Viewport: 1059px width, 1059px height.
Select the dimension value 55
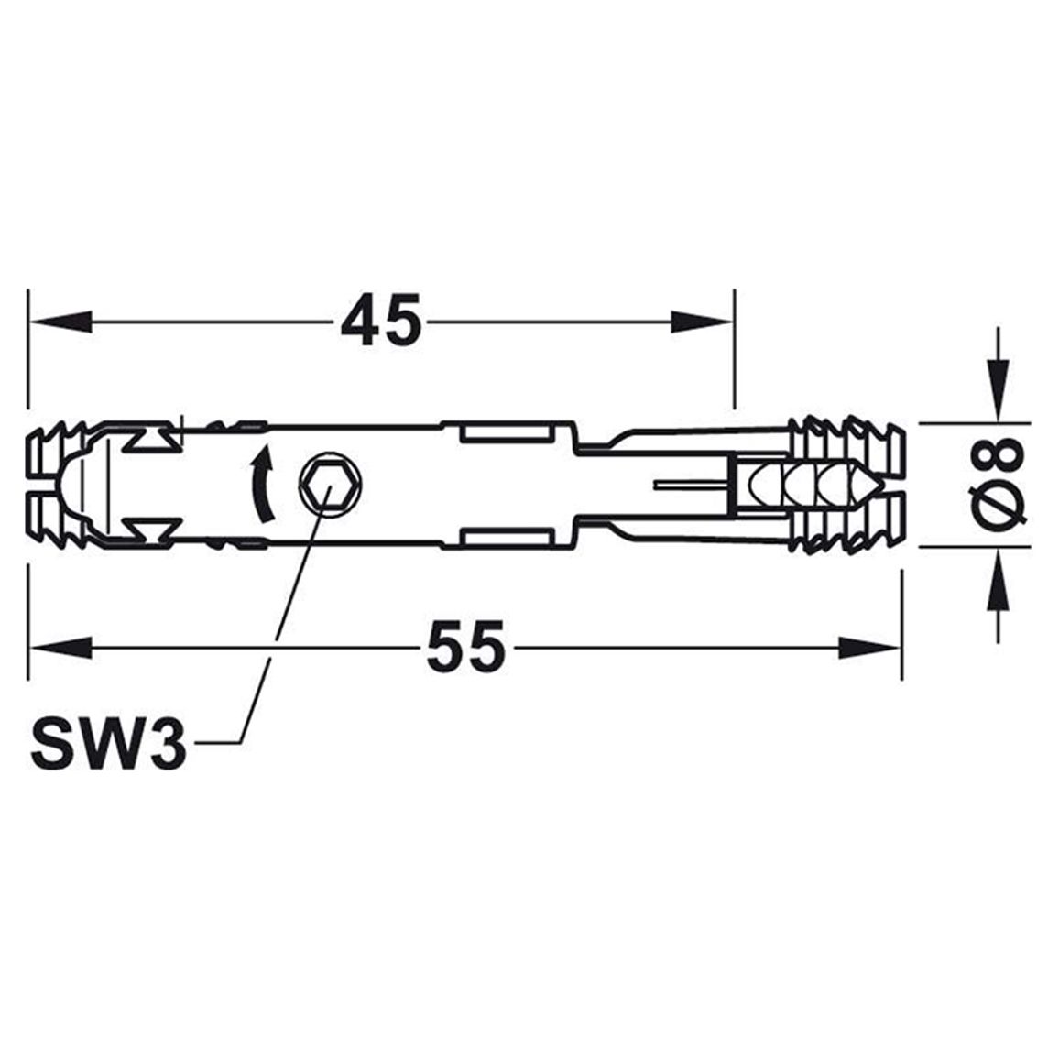coord(466,647)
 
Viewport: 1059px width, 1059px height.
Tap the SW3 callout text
coord(109,743)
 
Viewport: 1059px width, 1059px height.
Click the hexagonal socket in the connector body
coord(329,484)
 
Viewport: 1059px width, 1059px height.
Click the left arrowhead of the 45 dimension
coord(60,322)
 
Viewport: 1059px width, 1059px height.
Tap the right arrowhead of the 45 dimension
coord(702,322)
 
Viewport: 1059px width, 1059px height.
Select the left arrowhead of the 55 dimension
coord(60,648)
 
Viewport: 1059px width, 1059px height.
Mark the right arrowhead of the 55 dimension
coord(869,648)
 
